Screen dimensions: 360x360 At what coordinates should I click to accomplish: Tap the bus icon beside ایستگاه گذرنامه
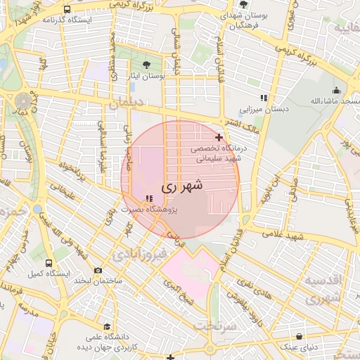click(67, 10)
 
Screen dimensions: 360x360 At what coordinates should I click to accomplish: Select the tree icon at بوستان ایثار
click(146, 64)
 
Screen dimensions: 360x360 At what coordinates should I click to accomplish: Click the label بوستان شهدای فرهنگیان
click(243, 19)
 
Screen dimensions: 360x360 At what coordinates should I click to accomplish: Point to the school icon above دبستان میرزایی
click(264, 98)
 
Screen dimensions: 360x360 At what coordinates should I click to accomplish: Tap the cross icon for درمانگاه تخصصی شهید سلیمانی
click(219, 137)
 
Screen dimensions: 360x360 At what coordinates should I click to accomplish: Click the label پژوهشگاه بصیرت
click(148, 210)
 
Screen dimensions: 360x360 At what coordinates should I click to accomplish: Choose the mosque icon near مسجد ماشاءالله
click(336, 90)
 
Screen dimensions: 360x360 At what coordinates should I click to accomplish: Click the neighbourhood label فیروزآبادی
click(143, 252)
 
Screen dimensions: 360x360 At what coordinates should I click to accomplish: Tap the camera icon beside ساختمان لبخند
click(98, 271)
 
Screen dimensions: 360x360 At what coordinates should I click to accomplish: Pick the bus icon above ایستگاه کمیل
click(37, 261)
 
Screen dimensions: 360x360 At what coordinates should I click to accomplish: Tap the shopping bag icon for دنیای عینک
click(300, 336)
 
